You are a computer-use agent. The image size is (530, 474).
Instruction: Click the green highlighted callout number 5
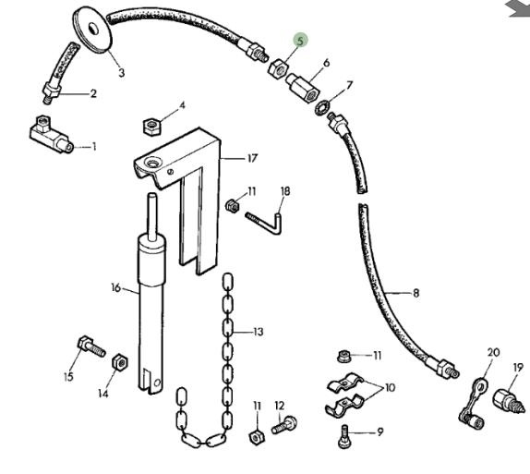(300, 41)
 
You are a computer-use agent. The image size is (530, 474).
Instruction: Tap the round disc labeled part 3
(92, 30)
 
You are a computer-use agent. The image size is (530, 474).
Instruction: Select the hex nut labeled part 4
(152, 127)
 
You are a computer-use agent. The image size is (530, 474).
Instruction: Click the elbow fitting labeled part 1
(51, 136)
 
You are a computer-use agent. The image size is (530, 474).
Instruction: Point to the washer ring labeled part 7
(319, 106)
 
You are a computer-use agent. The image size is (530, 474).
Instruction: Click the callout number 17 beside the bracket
(252, 158)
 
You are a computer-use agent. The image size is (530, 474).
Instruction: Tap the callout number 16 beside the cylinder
(116, 288)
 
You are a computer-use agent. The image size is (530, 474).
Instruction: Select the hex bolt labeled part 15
(91, 346)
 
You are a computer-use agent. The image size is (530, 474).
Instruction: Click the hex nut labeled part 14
(120, 362)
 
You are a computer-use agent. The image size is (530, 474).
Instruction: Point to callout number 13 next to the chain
(258, 332)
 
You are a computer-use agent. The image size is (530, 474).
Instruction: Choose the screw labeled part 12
(284, 425)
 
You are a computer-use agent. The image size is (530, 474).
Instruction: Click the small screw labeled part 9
(344, 437)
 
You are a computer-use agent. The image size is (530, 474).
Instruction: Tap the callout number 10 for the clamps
(390, 387)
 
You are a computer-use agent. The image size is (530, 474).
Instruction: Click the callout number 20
(493, 352)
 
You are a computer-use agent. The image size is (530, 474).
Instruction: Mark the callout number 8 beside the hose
(416, 293)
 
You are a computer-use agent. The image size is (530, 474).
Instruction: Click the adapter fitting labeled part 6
(303, 87)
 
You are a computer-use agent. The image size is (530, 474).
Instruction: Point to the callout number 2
(93, 93)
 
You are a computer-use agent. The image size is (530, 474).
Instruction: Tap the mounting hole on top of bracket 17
(152, 163)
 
